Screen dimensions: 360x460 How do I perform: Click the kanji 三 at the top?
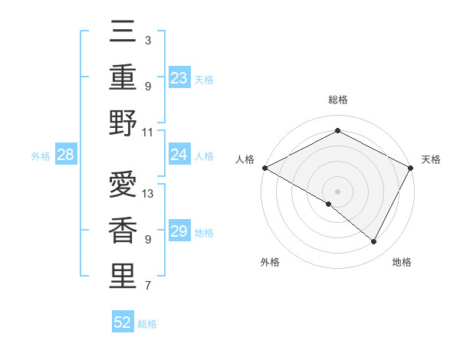pyautogui.click(x=123, y=32)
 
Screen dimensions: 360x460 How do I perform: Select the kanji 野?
pyautogui.click(x=123, y=123)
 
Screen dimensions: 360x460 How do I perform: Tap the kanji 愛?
pyautogui.click(x=123, y=185)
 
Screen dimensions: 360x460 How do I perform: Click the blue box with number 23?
pyautogui.click(x=179, y=77)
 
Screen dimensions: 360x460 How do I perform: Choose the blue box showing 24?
pyautogui.click(x=179, y=155)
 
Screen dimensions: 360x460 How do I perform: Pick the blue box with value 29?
pyautogui.click(x=179, y=231)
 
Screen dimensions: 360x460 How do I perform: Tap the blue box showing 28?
pyautogui.click(x=66, y=155)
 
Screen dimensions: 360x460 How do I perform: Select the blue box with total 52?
pyautogui.click(x=123, y=322)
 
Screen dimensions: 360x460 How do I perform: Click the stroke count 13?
pyautogui.click(x=148, y=193)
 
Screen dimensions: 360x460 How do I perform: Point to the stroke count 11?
pyautogui.click(x=148, y=132)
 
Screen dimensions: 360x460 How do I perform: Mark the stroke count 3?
pyautogui.click(x=147, y=40)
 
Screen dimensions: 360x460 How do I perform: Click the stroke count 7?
pyautogui.click(x=147, y=286)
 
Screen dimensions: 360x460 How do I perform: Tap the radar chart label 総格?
pyautogui.click(x=337, y=100)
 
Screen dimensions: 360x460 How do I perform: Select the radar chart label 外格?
pyautogui.click(x=270, y=262)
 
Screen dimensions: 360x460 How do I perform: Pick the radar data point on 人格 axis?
pyautogui.click(x=264, y=167)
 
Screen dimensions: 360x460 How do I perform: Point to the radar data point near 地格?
pyautogui.click(x=374, y=241)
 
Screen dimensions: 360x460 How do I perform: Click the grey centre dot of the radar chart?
pyautogui.click(x=337, y=191)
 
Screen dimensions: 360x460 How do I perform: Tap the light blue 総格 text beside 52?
pyautogui.click(x=147, y=324)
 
